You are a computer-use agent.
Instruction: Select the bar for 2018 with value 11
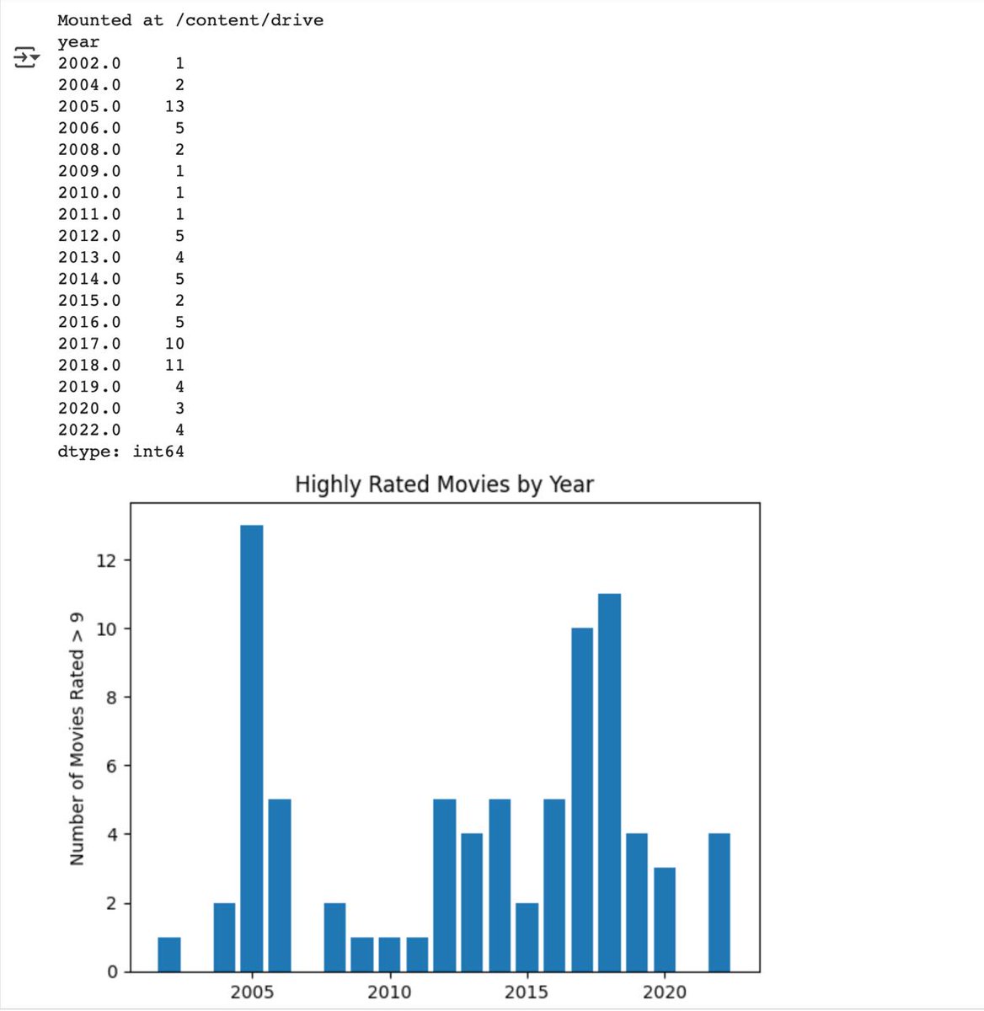tap(610, 783)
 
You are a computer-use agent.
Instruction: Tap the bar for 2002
tap(169, 955)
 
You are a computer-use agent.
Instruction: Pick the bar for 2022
tap(719, 902)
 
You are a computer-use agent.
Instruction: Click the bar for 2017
tap(582, 800)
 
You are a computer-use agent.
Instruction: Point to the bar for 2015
tap(527, 937)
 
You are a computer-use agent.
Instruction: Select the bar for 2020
tap(665, 920)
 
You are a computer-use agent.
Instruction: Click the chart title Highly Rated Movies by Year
tap(444, 484)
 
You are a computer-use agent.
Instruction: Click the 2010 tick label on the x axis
tap(389, 992)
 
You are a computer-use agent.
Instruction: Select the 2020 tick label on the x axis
tap(665, 992)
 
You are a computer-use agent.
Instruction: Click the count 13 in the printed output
tap(174, 106)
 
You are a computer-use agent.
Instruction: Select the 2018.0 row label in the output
tap(89, 366)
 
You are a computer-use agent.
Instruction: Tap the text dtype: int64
tap(120, 452)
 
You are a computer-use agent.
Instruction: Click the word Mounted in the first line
tap(94, 20)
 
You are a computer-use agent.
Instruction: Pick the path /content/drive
tap(249, 20)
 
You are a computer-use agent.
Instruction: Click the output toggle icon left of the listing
tap(26, 57)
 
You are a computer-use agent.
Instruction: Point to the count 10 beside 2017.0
tap(174, 344)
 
